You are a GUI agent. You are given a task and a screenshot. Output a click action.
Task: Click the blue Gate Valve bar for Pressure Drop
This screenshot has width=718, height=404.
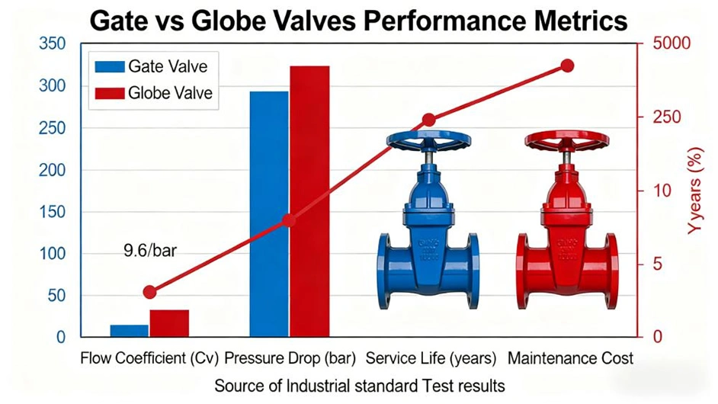click(269, 213)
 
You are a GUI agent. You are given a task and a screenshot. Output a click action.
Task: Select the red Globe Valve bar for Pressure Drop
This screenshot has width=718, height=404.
click(309, 201)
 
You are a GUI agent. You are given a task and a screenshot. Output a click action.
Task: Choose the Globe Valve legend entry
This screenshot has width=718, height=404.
click(152, 94)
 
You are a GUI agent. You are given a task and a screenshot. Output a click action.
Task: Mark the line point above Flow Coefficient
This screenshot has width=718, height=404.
click(149, 292)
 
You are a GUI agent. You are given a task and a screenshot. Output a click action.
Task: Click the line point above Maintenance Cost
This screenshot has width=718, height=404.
click(567, 66)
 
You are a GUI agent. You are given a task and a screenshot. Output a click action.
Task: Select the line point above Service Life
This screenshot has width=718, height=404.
click(428, 120)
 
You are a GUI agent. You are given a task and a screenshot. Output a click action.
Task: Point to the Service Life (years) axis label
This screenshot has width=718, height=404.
click(431, 358)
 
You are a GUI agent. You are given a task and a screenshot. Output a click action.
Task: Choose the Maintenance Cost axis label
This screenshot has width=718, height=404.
click(571, 358)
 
